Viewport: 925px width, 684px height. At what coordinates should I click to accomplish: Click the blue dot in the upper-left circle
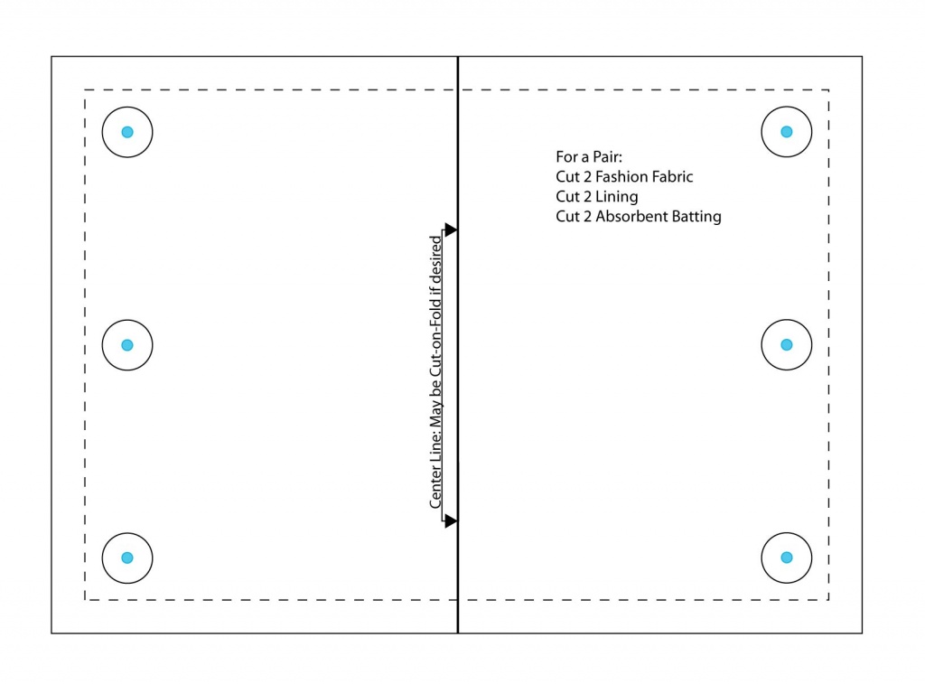click(x=127, y=132)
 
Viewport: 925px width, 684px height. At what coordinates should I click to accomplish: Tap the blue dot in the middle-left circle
click(x=127, y=345)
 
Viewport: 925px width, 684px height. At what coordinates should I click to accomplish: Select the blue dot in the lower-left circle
click(x=127, y=558)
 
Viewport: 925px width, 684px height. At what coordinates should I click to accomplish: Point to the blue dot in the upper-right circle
click(x=787, y=132)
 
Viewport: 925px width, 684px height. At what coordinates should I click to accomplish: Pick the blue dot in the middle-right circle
click(x=787, y=344)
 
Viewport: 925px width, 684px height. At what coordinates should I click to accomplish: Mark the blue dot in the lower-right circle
click(x=787, y=558)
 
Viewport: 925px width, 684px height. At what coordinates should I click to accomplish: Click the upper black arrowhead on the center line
click(x=451, y=230)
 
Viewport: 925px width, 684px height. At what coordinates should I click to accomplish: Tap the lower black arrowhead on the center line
click(x=451, y=520)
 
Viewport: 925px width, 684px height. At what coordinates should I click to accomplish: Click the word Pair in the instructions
click(x=607, y=157)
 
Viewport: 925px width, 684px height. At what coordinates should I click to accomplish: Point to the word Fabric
click(x=671, y=176)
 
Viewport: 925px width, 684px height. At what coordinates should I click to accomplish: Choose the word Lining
click(x=617, y=197)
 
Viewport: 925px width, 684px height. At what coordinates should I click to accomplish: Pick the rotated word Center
click(x=435, y=488)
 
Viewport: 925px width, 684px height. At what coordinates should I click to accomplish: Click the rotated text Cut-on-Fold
click(x=435, y=336)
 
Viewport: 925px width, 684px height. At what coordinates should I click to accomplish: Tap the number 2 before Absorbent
click(x=587, y=217)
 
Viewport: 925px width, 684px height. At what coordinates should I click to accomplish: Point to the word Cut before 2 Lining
click(x=567, y=196)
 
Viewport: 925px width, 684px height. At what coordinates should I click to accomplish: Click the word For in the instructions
click(x=567, y=157)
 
